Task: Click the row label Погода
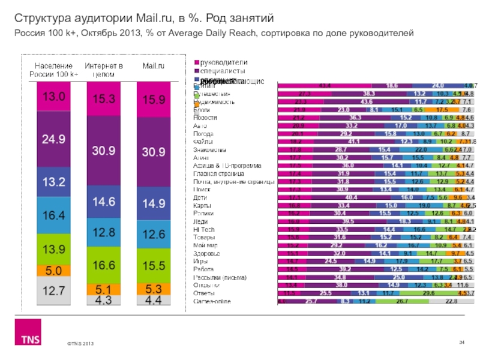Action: pos(203,134)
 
